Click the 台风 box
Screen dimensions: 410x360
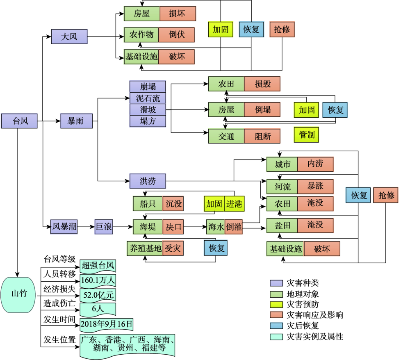[x=19, y=121]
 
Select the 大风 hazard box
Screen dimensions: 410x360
[x=69, y=36]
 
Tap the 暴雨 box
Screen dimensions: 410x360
[x=76, y=121]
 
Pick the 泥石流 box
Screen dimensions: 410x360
[x=148, y=98]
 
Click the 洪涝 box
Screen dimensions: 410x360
[x=148, y=181]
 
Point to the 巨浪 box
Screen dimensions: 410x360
[x=104, y=226]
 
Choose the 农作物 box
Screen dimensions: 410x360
[x=141, y=35]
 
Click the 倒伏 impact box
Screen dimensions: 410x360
[x=176, y=35]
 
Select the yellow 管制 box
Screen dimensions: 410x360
[x=306, y=135]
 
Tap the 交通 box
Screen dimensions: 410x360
[x=226, y=136]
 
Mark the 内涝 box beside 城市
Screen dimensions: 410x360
[x=315, y=164]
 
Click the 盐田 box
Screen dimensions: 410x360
[x=282, y=226]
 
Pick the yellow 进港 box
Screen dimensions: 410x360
[x=234, y=204]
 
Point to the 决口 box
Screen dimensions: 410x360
[x=173, y=227]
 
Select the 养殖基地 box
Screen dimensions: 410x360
[x=145, y=248]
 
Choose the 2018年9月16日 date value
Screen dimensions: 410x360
[x=107, y=325]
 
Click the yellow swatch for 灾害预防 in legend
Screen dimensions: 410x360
[x=276, y=305]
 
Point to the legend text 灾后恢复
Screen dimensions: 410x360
[x=303, y=326]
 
